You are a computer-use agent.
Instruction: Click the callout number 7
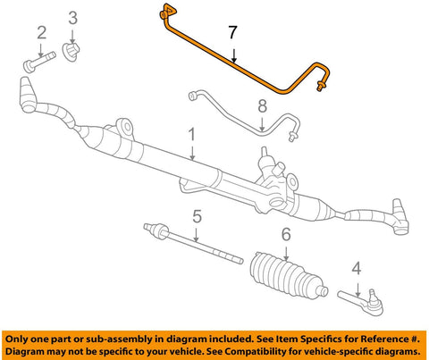pos(232,32)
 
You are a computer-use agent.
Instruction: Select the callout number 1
pos(192,135)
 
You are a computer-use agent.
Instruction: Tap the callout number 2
pos(42,33)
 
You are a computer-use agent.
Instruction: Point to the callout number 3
pos(73,18)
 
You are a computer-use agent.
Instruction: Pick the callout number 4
pos(357,268)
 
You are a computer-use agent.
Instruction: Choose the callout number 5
pos(197,216)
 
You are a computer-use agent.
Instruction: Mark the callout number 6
pos(286,235)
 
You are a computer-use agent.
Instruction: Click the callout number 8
pos(262,106)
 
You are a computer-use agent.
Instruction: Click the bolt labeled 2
pos(39,63)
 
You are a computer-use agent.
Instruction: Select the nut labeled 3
pos(71,52)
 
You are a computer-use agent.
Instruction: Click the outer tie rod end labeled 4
pos(362,301)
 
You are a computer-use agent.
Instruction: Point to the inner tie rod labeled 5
pos(193,243)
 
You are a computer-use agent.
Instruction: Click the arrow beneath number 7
pos(234,56)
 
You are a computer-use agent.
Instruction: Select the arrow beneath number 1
pos(192,153)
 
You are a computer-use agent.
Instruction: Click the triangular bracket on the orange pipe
pos(171,10)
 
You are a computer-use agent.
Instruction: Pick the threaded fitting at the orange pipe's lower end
pos(321,85)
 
